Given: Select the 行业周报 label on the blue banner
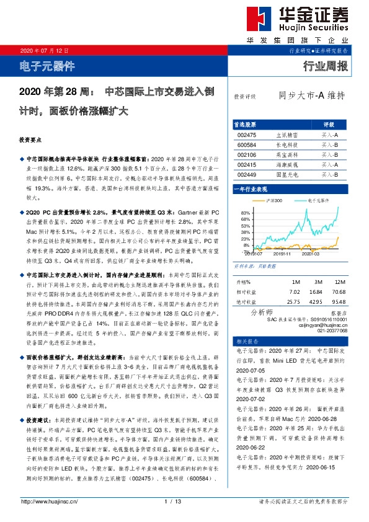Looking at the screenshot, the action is (x=326, y=66).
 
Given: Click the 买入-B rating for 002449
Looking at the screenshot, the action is (x=329, y=175).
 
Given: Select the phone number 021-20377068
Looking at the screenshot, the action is (x=334, y=330).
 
